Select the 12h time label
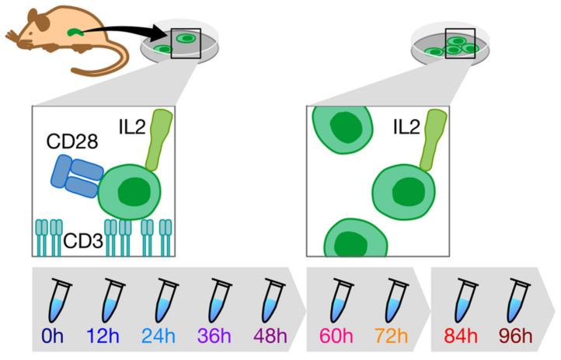[109, 338]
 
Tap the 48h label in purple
[270, 338]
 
